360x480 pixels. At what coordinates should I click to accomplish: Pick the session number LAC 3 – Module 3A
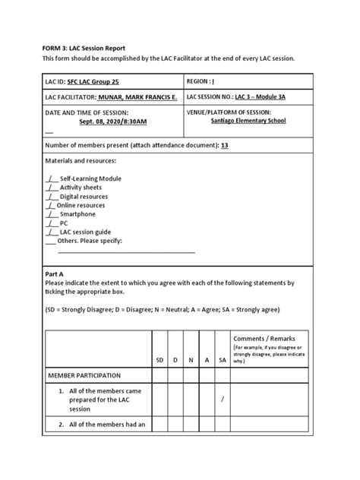click(x=263, y=98)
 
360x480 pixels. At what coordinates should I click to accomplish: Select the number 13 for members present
click(x=224, y=145)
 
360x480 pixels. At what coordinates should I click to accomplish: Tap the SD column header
click(x=160, y=359)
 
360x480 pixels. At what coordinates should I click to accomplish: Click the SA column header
click(x=222, y=359)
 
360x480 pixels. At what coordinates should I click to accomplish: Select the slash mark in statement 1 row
click(x=222, y=401)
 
